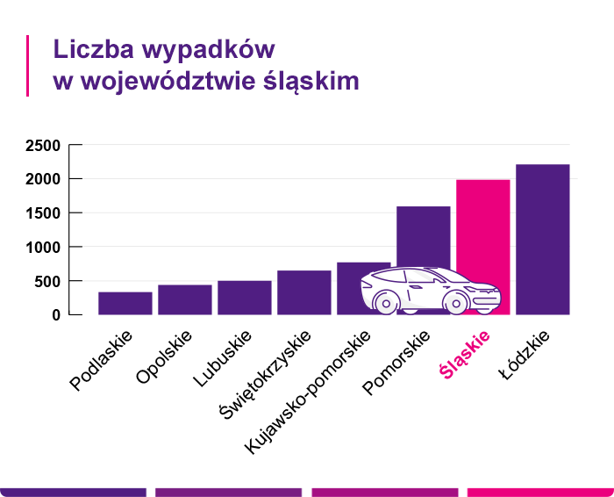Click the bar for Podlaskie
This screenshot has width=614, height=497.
click(x=125, y=303)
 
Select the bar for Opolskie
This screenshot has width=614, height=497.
click(x=185, y=299)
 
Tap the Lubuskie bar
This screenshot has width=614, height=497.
click(x=245, y=298)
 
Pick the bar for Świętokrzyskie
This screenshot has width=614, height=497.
click(x=304, y=292)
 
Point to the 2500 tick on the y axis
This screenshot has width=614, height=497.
click(x=42, y=146)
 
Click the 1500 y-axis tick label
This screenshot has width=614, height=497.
click(x=42, y=213)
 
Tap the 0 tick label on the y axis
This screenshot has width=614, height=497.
click(x=55, y=315)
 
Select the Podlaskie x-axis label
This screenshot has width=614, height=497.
click(x=101, y=361)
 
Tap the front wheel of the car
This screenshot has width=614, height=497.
click(x=455, y=302)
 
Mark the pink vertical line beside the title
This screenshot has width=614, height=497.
click(x=28, y=66)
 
